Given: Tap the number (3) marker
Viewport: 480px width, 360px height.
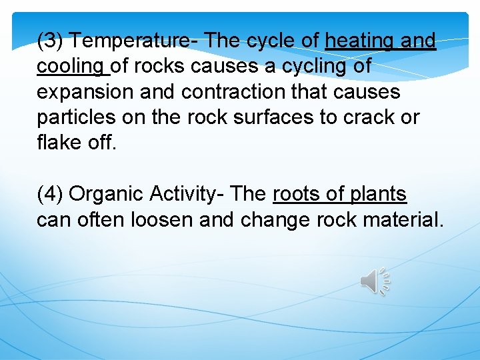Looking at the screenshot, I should tap(51, 41).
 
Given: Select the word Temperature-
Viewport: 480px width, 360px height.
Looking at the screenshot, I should tap(133, 41).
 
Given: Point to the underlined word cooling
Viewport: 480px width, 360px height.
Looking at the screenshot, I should tap(71, 67).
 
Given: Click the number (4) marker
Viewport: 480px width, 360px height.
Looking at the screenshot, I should tap(51, 194).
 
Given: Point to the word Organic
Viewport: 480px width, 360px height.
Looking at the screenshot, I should tap(106, 194).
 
